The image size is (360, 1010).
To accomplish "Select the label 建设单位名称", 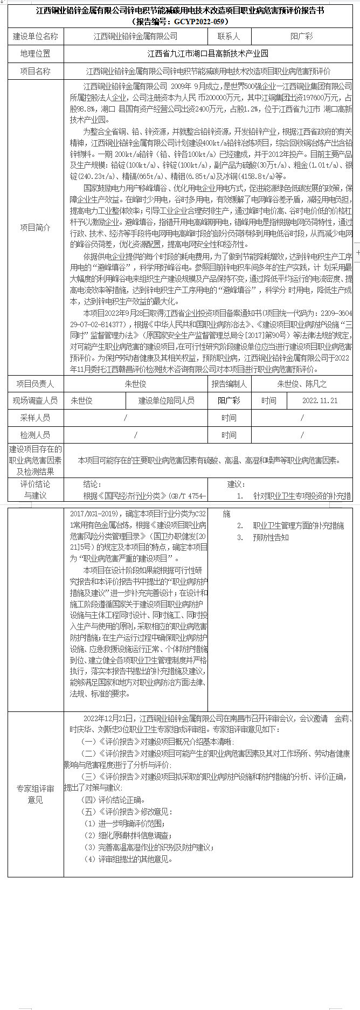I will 36,37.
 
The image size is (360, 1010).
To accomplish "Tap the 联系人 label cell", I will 229,37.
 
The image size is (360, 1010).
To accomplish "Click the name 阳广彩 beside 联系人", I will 301,37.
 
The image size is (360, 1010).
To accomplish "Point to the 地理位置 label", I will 36,54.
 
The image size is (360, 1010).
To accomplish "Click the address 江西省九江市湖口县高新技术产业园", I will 208,54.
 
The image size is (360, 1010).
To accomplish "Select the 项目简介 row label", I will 36,227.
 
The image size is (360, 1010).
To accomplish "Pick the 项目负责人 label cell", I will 36,384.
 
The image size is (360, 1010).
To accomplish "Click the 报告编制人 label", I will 229,384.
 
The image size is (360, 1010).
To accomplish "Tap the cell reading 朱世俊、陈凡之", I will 302,384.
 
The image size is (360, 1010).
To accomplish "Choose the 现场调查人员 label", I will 36,401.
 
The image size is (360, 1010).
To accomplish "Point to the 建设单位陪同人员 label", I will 167,401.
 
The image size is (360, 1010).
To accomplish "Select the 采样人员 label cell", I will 36,418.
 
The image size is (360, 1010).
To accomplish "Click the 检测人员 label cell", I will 36,435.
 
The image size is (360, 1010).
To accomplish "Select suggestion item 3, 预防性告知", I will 271,537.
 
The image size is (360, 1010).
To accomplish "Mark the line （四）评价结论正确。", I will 113,800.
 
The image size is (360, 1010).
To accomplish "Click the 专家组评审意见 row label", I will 36,794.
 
